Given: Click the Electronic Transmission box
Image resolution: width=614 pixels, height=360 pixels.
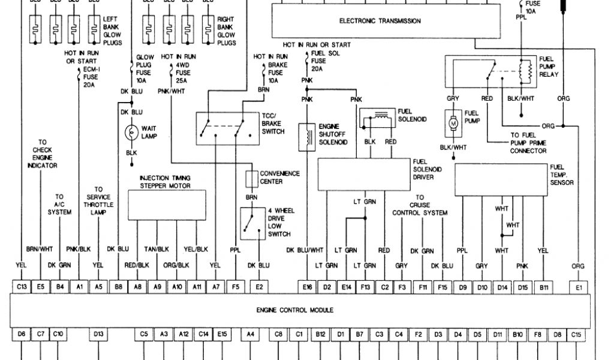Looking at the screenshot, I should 380,21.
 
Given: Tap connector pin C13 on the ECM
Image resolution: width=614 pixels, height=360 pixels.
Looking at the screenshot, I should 22,287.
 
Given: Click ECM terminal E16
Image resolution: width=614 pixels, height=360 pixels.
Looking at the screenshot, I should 308,287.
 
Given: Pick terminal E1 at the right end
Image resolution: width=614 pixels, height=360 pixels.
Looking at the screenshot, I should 579,287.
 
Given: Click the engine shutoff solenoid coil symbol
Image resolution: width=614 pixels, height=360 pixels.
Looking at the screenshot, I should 308,137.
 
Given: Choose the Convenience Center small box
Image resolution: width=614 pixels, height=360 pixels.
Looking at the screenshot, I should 251,178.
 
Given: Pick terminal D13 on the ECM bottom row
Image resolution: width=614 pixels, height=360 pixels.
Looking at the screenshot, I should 99,333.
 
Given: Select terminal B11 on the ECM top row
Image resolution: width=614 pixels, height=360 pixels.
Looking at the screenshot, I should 543,287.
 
